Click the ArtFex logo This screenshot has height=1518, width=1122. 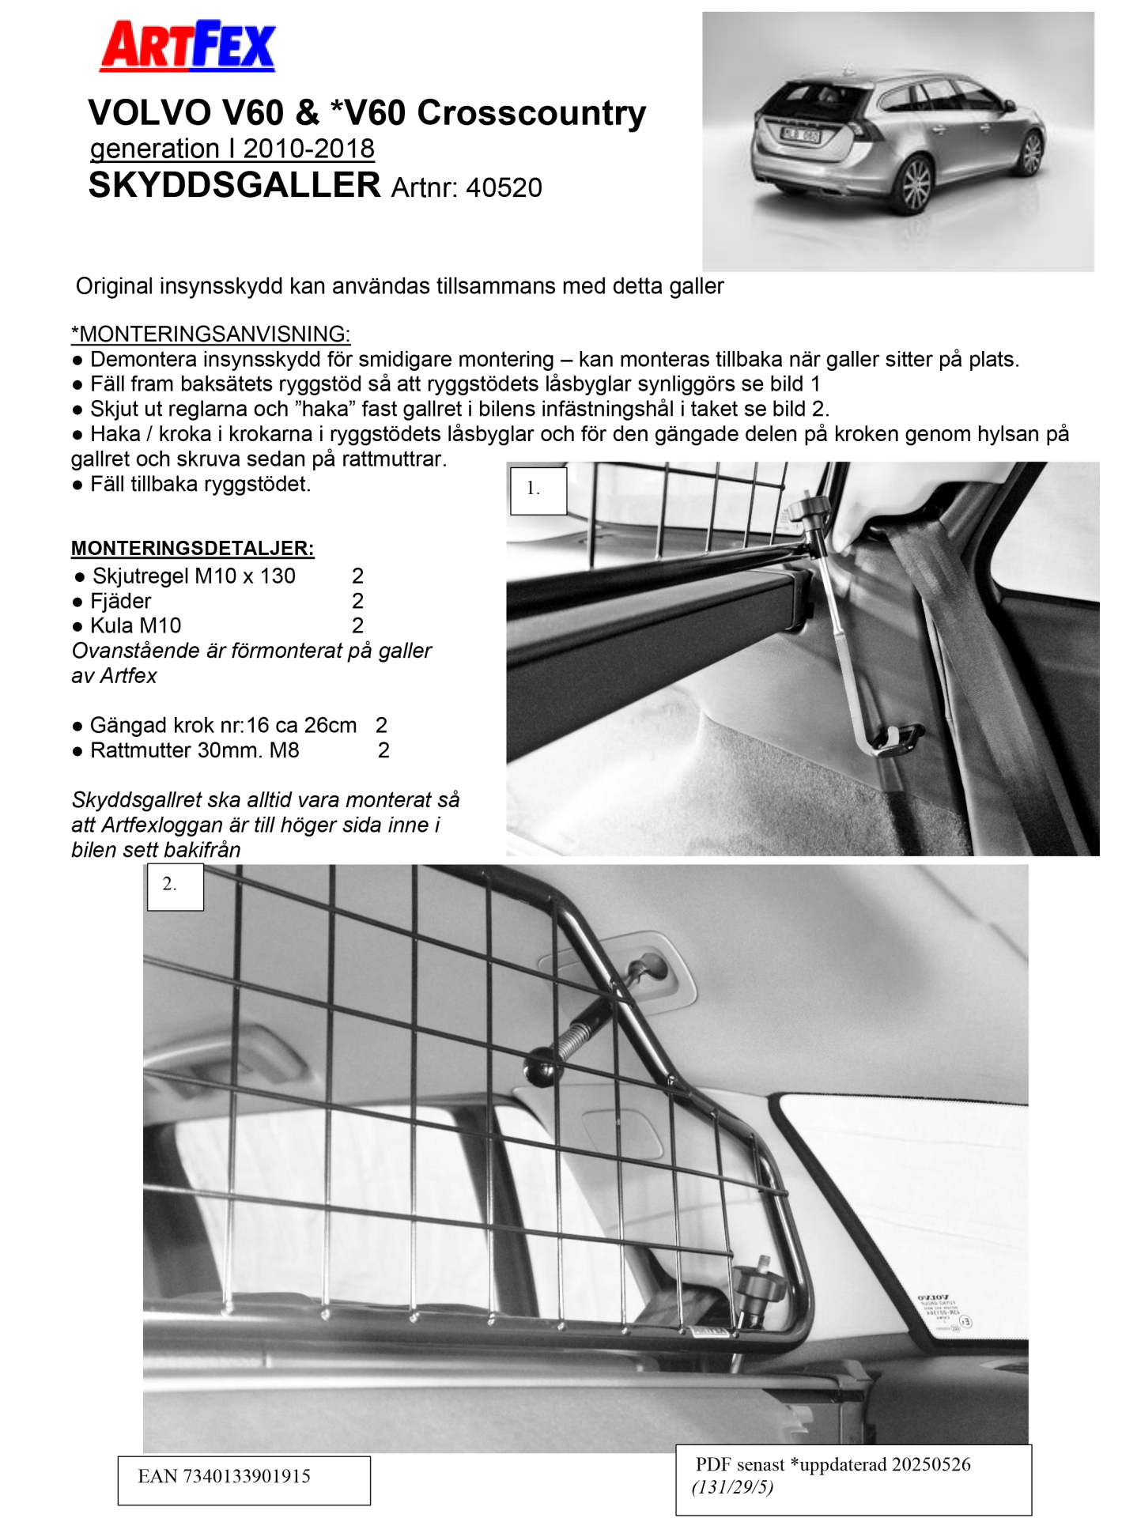[187, 46]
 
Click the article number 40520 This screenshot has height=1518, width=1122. [504, 188]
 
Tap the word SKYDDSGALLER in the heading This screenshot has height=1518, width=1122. [234, 185]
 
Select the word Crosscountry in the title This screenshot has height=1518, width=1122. [531, 113]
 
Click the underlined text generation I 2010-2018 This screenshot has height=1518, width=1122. [232, 149]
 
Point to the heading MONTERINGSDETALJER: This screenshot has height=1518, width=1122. [192, 548]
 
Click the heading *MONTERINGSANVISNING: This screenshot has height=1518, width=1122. [210, 334]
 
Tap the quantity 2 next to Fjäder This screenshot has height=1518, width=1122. [357, 601]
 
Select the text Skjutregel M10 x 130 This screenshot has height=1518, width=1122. [194, 576]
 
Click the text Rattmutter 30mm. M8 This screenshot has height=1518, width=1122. [195, 750]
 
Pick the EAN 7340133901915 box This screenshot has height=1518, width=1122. [244, 1480]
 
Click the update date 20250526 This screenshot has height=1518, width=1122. [931, 1464]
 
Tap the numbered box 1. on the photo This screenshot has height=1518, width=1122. [538, 490]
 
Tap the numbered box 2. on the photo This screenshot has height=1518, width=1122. [175, 886]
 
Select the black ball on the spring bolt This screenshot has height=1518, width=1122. [543, 1067]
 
